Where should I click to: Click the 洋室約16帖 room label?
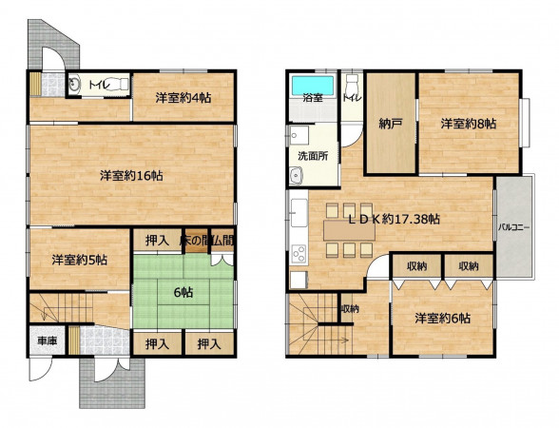(131, 175)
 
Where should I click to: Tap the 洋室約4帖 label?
(183, 97)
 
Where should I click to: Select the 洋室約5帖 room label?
(80, 260)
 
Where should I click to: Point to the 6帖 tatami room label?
(183, 293)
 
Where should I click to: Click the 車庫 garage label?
(48, 340)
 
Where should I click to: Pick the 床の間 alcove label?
(193, 242)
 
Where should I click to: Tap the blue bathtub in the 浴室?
(313, 86)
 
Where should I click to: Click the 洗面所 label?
(313, 156)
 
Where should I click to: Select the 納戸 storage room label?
(391, 124)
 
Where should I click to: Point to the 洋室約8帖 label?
(468, 124)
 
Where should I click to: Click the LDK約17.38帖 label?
(394, 219)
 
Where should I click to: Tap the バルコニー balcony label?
(513, 227)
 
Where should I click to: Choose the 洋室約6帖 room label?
(442, 318)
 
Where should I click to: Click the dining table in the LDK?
(350, 230)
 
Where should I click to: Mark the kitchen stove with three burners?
(299, 254)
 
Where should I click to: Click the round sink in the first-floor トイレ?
(74, 85)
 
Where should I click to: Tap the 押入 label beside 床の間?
(157, 242)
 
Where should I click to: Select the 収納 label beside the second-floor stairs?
(350, 309)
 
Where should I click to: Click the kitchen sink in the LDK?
(299, 213)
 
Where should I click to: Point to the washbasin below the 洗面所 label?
(296, 175)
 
